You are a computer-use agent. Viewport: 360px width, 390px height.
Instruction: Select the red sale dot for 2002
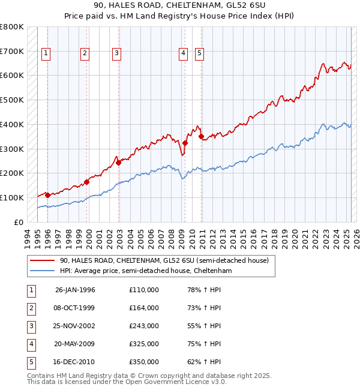point(118,162)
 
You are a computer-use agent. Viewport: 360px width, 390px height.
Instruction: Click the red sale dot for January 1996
point(47,195)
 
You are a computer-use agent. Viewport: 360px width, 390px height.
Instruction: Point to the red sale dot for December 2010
point(201,136)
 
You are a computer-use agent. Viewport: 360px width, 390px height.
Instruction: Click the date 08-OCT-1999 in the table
point(75,308)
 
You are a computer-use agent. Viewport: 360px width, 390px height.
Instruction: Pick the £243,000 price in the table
point(144,326)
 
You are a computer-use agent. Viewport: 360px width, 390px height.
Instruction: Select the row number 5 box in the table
point(30,362)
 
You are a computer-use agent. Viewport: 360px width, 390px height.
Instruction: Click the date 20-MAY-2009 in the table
point(75,344)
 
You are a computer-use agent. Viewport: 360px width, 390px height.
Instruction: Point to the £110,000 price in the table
point(144,290)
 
